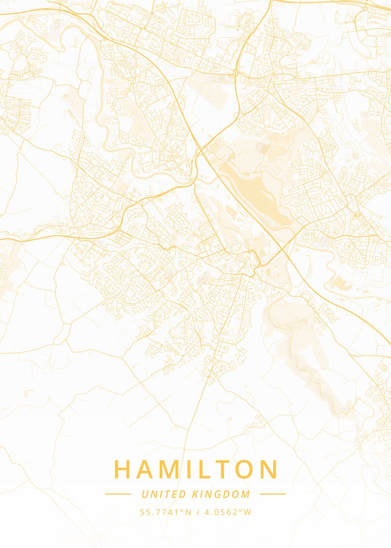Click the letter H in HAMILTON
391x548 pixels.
pos(122,469)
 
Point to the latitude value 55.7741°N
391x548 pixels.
pos(166,512)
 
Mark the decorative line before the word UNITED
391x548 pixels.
pos(118,494)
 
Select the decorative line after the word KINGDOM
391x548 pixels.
pos(273,494)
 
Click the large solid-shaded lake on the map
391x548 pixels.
pos(255,192)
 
